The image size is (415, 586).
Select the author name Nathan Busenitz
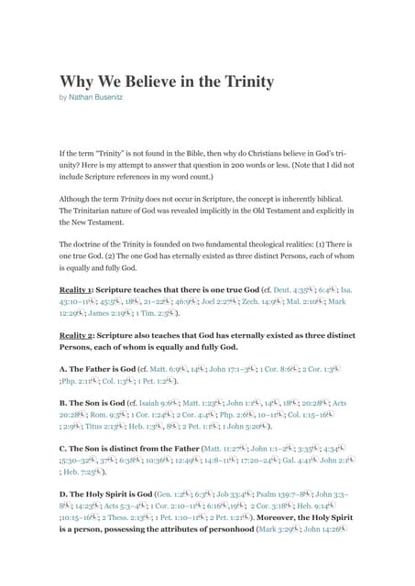tap(101, 96)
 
